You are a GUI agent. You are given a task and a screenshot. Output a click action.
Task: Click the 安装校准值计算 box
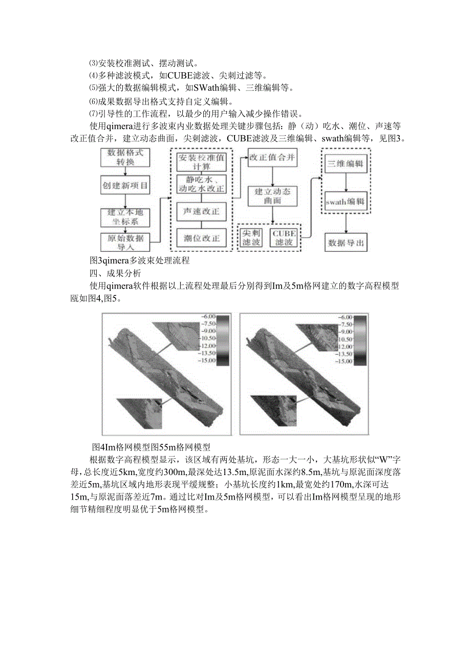pos(201,162)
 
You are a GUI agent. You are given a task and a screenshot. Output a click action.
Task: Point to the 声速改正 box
pos(201,210)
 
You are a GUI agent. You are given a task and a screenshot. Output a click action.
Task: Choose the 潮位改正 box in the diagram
pos(201,238)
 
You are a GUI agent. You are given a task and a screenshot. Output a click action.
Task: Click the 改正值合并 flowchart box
pos(272,158)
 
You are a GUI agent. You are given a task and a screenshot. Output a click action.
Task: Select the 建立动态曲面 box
pos(272,196)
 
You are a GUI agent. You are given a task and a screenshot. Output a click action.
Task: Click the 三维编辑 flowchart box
pos(346,164)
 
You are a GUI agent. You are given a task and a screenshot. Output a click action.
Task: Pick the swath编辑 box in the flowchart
pos(346,202)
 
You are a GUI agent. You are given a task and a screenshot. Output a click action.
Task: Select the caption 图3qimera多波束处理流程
pos(139,261)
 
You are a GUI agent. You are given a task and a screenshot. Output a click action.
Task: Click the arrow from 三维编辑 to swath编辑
pos(346,183)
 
